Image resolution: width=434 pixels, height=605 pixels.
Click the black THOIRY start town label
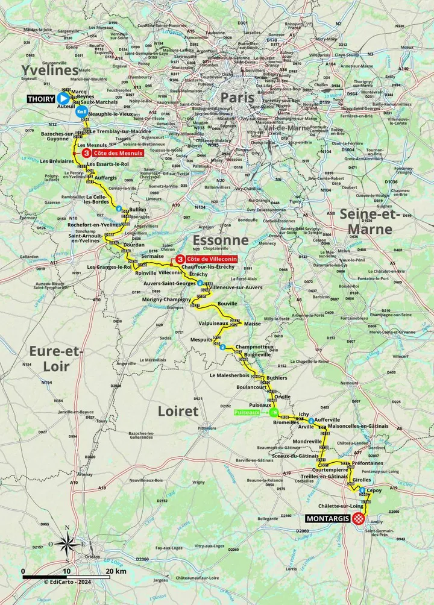[x=41, y=98]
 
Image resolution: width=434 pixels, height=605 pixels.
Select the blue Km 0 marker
[x=80, y=112]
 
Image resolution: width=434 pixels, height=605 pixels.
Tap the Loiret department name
[x=178, y=411]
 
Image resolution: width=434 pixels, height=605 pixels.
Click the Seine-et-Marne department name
[x=366, y=221]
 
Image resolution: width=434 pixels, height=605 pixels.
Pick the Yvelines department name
[x=51, y=71]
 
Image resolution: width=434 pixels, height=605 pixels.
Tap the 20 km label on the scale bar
[x=116, y=571]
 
